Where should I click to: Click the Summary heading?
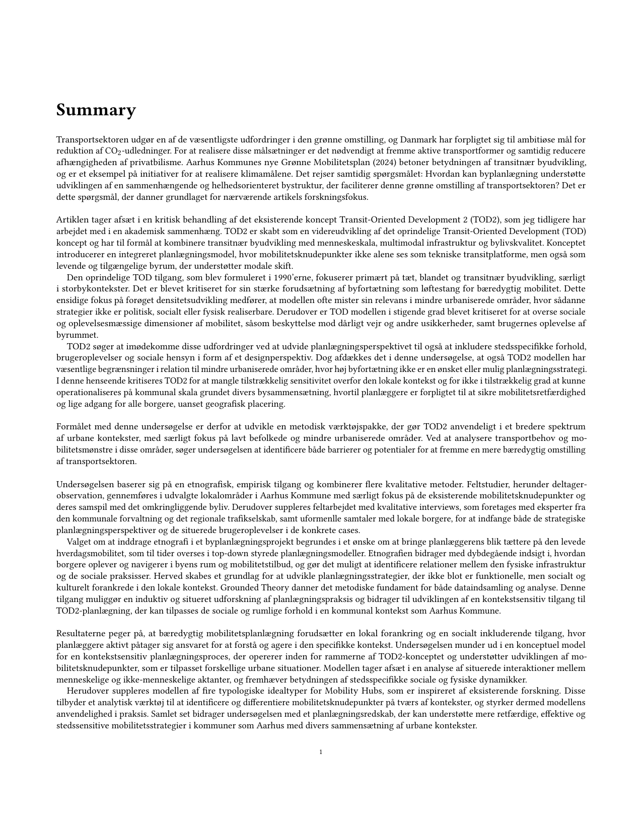pyautogui.click(x=96, y=110)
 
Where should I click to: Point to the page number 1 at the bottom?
pyautogui.click(x=321, y=752)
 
